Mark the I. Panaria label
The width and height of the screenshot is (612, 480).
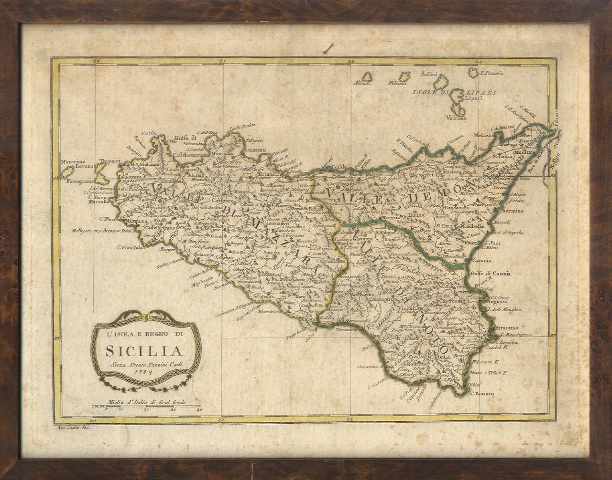492,74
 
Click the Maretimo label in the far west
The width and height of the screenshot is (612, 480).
73,162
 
